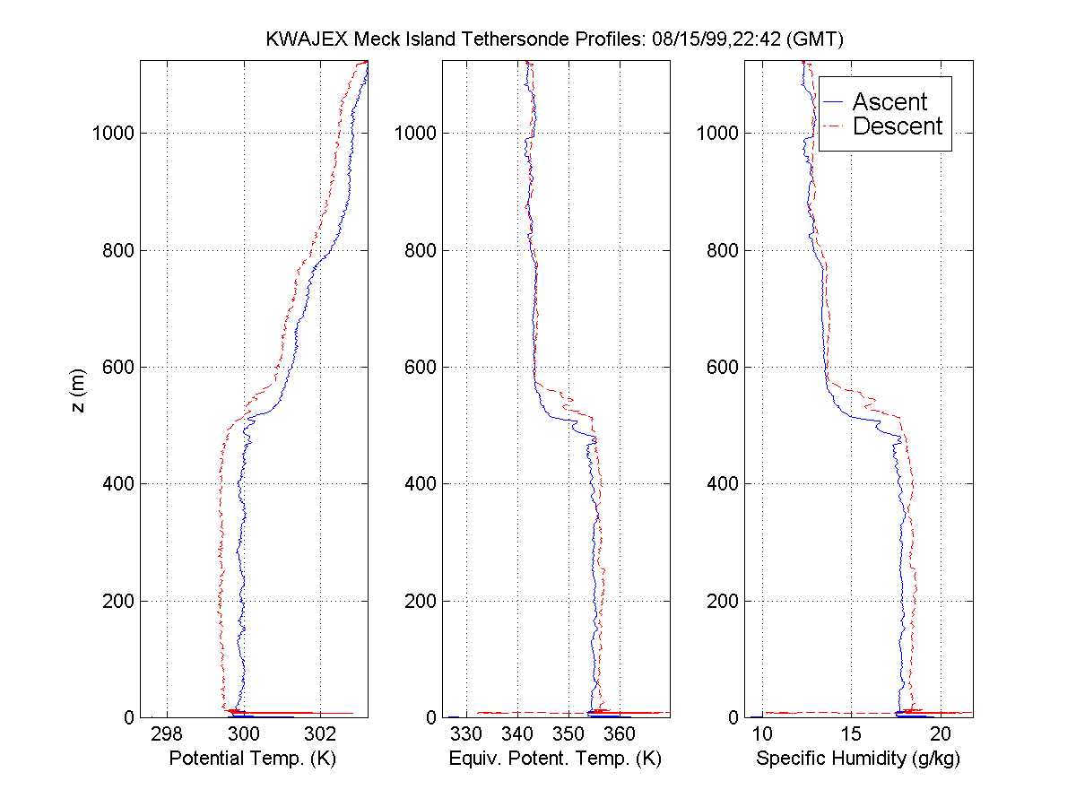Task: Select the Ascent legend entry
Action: click(x=889, y=102)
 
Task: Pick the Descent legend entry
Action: click(x=897, y=127)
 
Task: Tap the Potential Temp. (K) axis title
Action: click(x=252, y=759)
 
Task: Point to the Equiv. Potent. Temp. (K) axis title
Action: click(x=555, y=759)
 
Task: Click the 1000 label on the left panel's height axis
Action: click(x=113, y=134)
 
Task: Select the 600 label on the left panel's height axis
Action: click(x=118, y=367)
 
